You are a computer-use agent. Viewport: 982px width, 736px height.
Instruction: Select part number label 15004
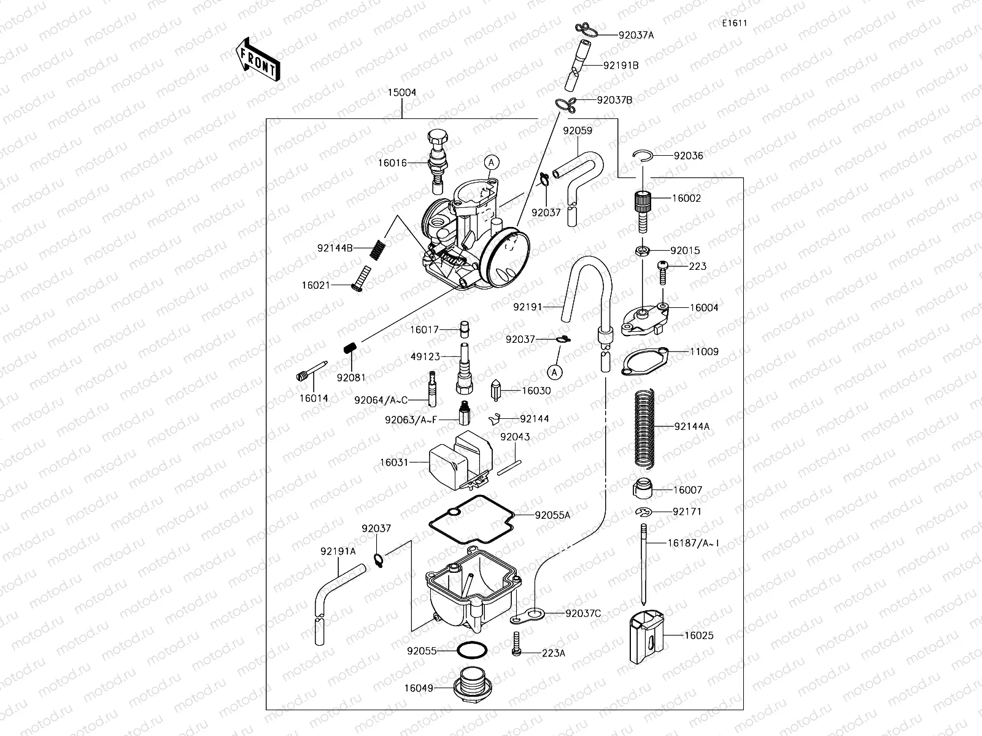401,93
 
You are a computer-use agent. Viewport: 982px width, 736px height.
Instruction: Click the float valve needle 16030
496,391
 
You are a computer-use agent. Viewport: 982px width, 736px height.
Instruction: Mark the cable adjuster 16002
643,210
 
